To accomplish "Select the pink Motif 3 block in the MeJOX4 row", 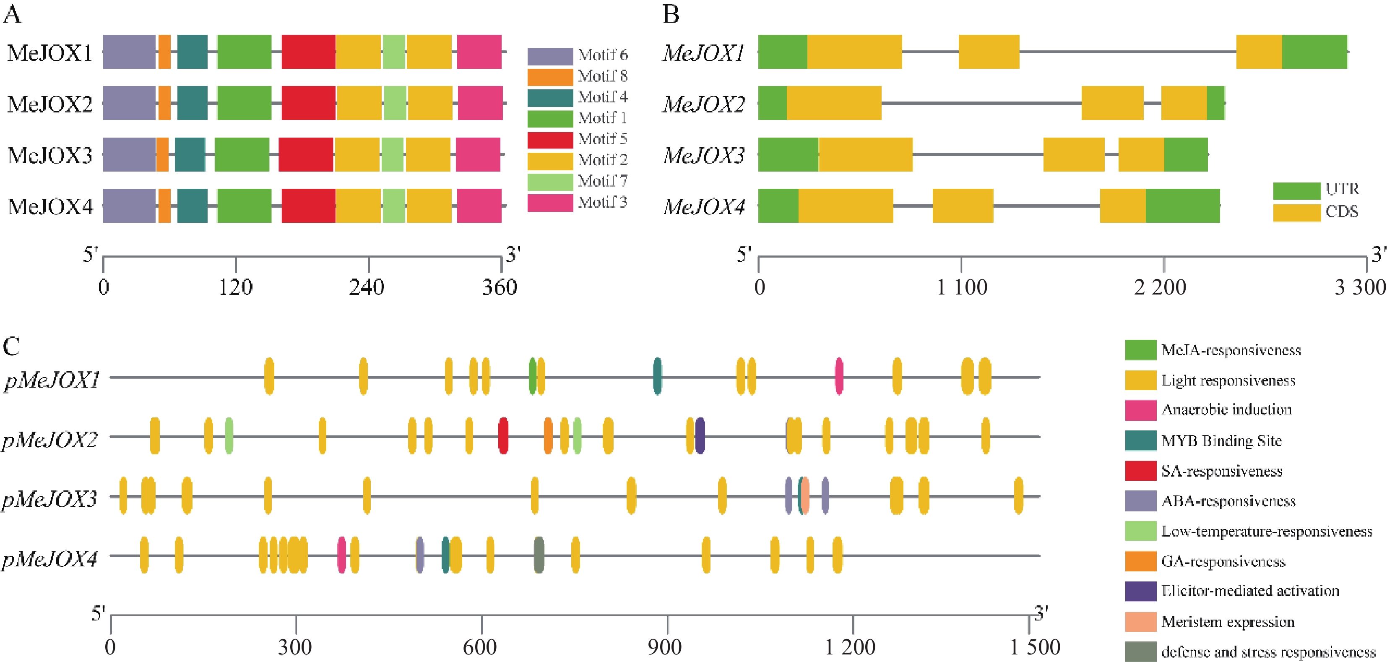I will (479, 205).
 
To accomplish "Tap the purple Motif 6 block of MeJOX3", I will (129, 154).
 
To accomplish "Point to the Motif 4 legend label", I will (603, 97).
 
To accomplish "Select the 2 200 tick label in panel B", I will (1161, 287).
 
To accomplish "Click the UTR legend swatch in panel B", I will (1296, 191).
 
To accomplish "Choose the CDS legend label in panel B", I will (1342, 212).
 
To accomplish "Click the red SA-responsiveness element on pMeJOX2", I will (503, 436).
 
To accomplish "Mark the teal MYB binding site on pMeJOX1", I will (657, 376).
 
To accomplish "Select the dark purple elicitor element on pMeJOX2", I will (700, 436).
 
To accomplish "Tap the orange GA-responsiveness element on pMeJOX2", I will (548, 436).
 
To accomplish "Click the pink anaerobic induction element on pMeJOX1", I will (839, 376).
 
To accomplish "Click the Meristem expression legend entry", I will (1228, 622).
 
